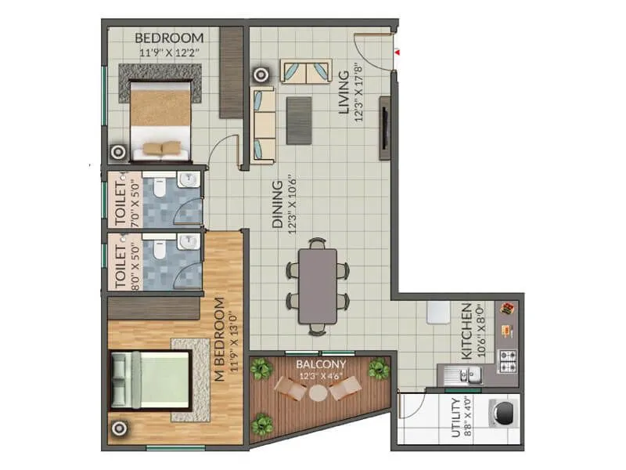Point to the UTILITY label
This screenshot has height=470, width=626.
[457, 420]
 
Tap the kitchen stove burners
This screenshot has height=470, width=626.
[509, 361]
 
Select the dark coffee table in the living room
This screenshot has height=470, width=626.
[299, 120]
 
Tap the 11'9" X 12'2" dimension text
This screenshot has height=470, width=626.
[169, 53]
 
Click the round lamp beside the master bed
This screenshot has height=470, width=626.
[119, 428]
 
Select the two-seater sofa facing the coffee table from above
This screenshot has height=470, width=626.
[307, 72]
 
